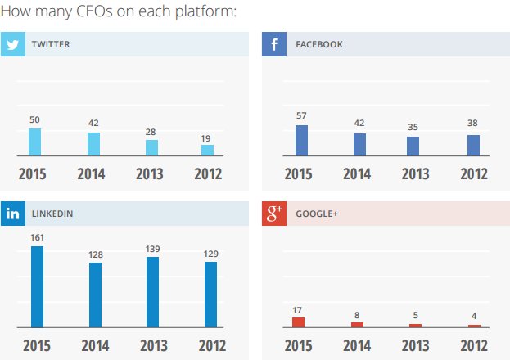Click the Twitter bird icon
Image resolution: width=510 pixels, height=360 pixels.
13,44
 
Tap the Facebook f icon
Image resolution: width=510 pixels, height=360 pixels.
274,44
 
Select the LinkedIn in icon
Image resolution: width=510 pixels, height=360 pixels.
13,214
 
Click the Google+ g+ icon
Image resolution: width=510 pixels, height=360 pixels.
274,214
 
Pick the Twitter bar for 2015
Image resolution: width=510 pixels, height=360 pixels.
35,142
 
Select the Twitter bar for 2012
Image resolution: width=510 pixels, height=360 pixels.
207,151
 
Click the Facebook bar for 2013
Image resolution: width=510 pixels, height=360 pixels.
413,146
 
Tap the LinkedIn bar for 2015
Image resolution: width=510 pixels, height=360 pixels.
37,287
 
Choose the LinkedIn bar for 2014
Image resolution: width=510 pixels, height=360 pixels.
95,295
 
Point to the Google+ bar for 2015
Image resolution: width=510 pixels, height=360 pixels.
298,322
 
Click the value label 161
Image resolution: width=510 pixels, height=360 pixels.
37,238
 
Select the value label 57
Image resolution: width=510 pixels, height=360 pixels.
301,115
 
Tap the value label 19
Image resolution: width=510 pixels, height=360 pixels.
205,138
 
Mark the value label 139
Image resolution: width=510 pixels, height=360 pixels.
152,249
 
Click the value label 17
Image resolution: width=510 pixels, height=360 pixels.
297,311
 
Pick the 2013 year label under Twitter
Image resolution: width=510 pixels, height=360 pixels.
150,174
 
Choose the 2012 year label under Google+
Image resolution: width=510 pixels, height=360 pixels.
474,346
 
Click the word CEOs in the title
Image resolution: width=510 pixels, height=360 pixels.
94,11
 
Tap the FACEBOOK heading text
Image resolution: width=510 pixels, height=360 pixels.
319,44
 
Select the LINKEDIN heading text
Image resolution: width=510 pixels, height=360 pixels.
52,214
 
